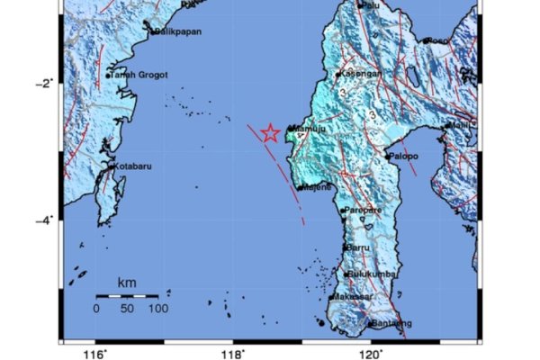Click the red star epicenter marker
269,133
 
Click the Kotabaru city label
131,166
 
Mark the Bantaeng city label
391,323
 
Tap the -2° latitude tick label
45,83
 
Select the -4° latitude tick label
45,220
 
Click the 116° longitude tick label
96,353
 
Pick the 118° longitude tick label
233,353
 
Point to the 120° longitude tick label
371,353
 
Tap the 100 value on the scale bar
158,309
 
